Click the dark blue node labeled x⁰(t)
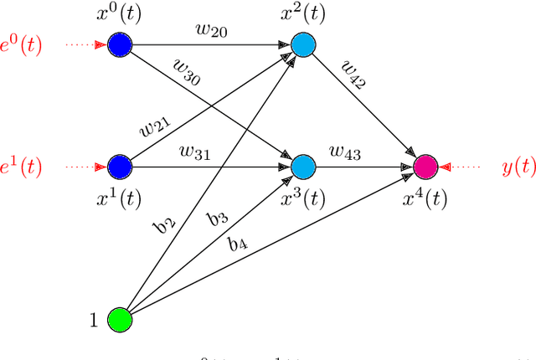(120, 46)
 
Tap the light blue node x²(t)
(302, 46)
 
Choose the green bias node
(120, 320)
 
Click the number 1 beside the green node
(95, 320)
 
